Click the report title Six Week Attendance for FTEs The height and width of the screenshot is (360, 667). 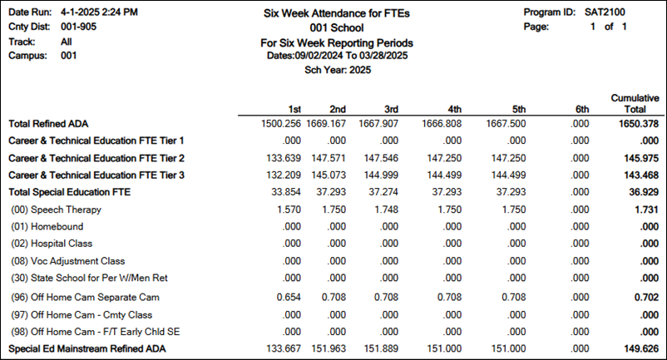pyautogui.click(x=338, y=12)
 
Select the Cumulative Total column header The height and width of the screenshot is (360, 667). pyautogui.click(x=635, y=103)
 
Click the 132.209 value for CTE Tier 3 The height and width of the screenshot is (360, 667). pyautogui.click(x=280, y=175)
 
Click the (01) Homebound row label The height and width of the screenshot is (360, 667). pyautogui.click(x=47, y=226)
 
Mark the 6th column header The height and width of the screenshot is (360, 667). pyautogui.click(x=581, y=108)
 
